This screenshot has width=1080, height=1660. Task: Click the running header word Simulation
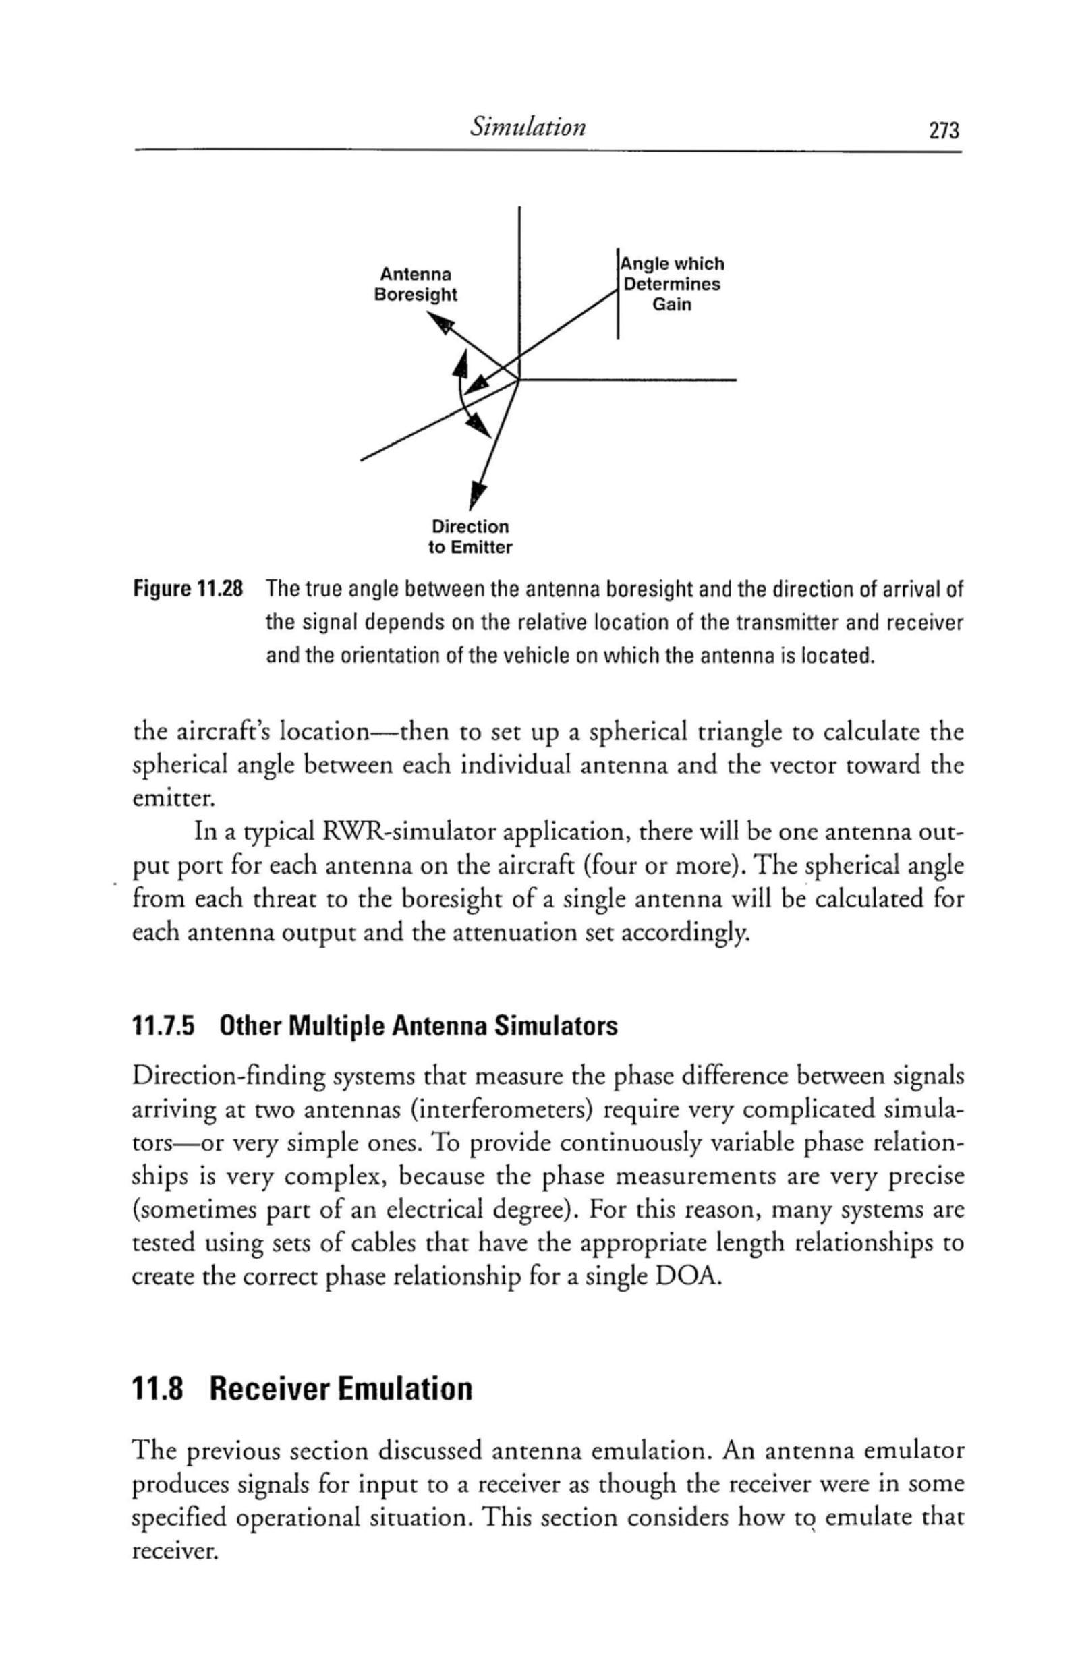coord(528,126)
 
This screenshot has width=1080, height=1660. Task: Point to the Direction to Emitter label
coord(469,536)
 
